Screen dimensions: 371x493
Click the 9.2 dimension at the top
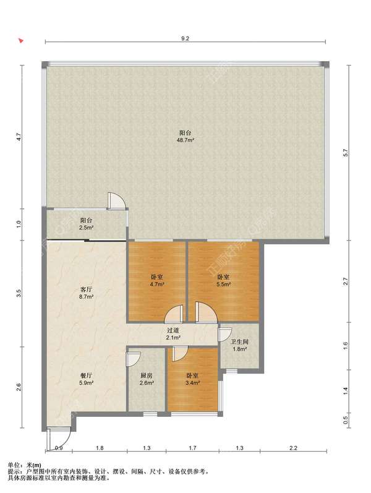click(185, 39)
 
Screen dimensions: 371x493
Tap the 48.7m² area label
click(185, 140)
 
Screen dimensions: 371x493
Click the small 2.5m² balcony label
click(86, 227)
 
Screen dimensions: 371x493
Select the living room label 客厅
click(86, 289)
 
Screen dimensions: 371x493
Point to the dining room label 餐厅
click(86, 375)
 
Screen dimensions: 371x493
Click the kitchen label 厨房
click(147, 375)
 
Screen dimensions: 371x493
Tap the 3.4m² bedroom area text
click(193, 383)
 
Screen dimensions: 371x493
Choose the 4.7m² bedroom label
click(156, 285)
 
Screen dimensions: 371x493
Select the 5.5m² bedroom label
click(224, 285)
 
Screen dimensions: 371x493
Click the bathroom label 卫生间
click(239, 341)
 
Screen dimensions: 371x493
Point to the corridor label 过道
click(173, 330)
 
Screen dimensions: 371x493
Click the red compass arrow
click(21, 41)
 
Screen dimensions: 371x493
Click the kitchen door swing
click(133, 359)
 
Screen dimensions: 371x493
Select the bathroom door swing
click(225, 335)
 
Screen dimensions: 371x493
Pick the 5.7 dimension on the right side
click(346, 153)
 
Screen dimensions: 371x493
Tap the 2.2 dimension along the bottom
click(293, 448)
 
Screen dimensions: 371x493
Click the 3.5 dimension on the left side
click(19, 293)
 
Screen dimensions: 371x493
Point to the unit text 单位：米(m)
click(25, 465)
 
